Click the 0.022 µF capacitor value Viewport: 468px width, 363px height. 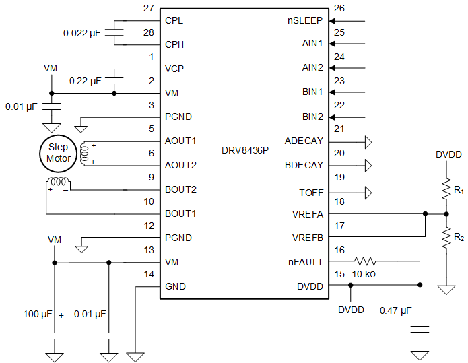tap(81, 32)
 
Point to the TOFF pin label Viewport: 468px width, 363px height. tap(311, 193)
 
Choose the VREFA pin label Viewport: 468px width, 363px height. tap(307, 214)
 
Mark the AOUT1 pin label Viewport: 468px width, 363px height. tap(180, 141)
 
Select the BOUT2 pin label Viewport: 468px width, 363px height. tap(180, 189)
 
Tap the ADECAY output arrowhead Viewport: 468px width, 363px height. tap(368, 141)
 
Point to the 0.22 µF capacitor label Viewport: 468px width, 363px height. tap(85, 81)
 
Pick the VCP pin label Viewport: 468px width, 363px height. tap(174, 69)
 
